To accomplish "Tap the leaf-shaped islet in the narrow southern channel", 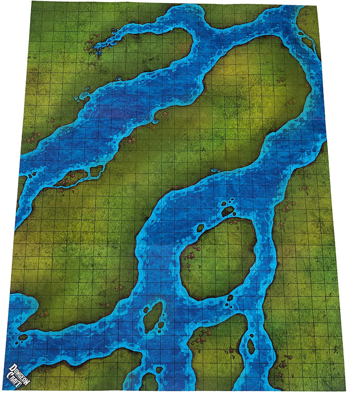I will (250, 346).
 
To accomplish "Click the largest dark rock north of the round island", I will (228, 210).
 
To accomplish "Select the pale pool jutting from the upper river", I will (83, 96).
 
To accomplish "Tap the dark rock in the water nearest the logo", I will (22, 336).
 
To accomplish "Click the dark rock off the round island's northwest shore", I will (200, 228).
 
